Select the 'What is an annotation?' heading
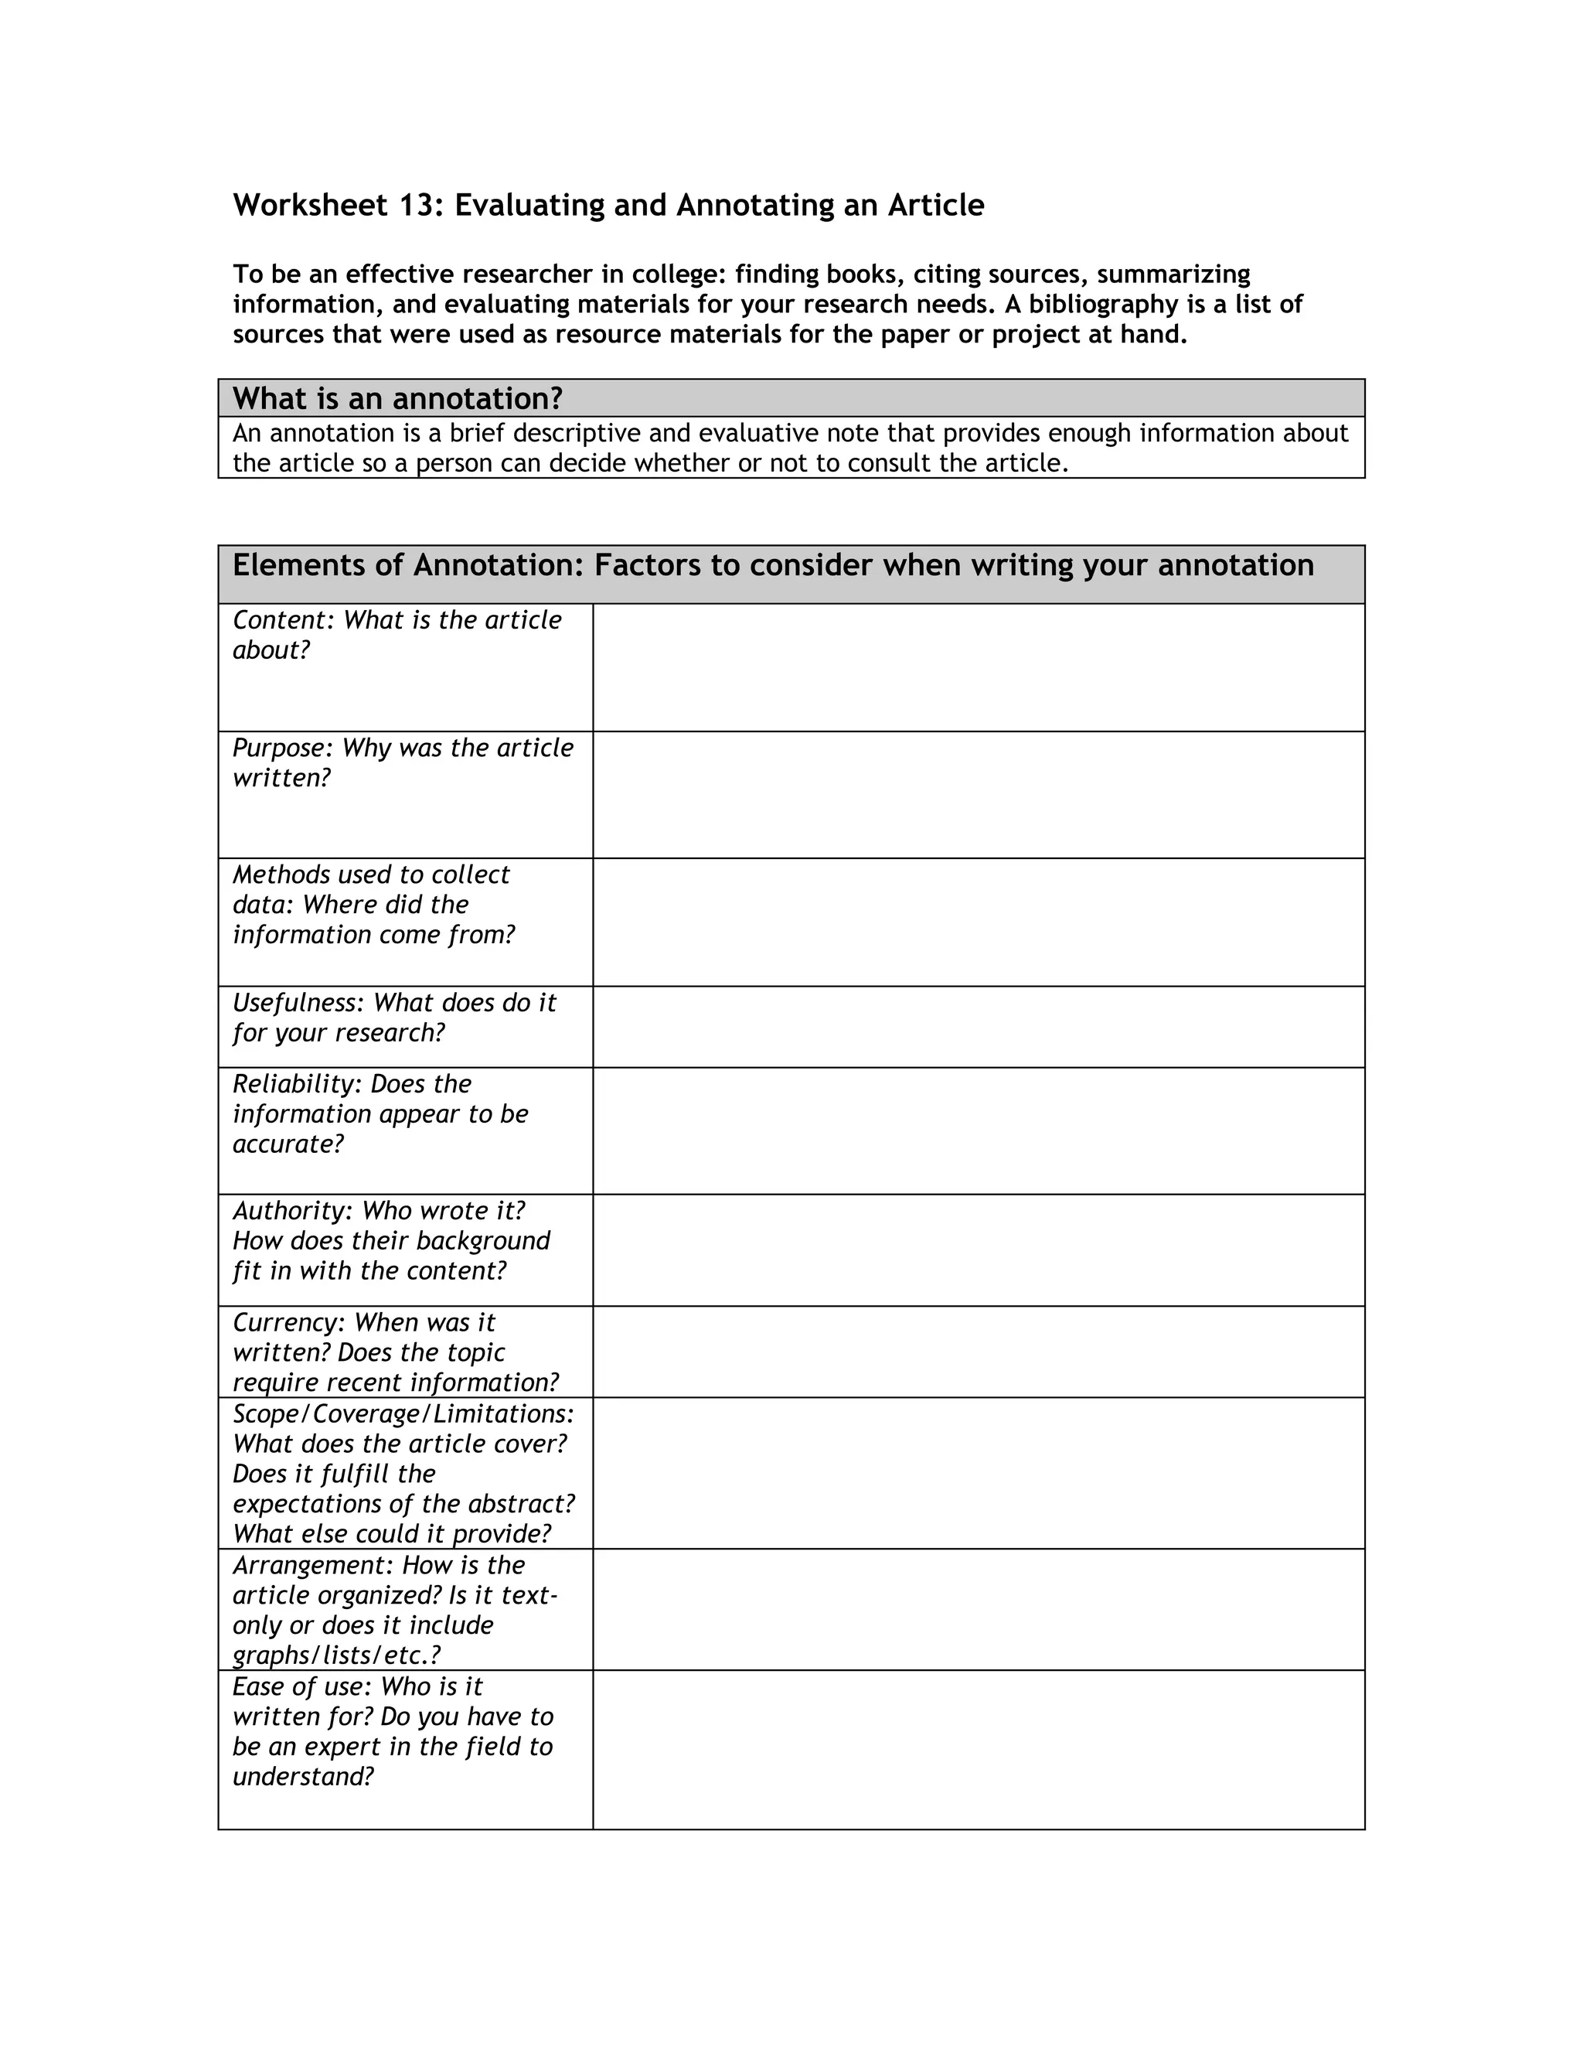coord(397,399)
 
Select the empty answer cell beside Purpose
coord(978,795)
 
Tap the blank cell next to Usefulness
coord(978,1026)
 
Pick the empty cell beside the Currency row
coord(978,1352)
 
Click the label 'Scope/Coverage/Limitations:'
coord(403,1414)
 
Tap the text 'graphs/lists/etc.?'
coord(335,1655)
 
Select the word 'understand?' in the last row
coord(303,1777)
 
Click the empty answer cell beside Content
coord(978,667)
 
